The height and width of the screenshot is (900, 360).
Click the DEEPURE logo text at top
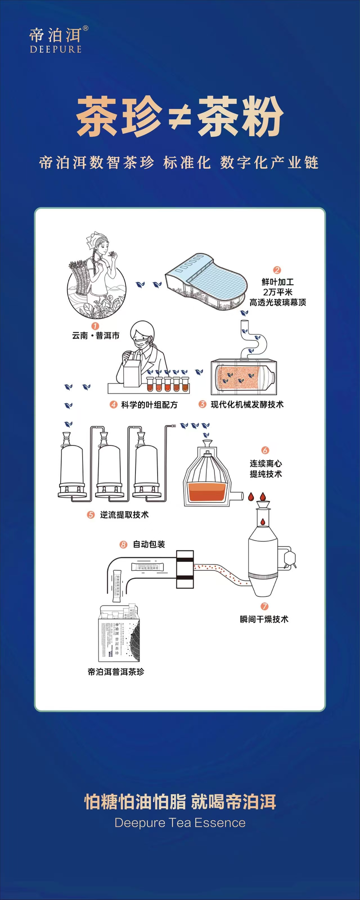click(56, 49)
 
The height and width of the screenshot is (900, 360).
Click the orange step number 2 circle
click(277, 270)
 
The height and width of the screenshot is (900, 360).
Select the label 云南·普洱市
click(95, 336)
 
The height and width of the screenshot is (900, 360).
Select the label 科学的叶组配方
click(149, 405)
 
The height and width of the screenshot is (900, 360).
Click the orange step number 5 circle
click(91, 515)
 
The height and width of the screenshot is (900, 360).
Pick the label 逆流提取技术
click(124, 515)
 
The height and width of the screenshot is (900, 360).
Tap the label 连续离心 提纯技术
click(265, 469)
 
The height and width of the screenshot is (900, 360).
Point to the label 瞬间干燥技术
click(264, 619)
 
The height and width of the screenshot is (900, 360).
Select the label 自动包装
click(149, 544)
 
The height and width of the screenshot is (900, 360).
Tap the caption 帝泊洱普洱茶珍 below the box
click(116, 672)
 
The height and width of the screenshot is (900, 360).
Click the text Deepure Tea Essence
click(180, 823)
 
